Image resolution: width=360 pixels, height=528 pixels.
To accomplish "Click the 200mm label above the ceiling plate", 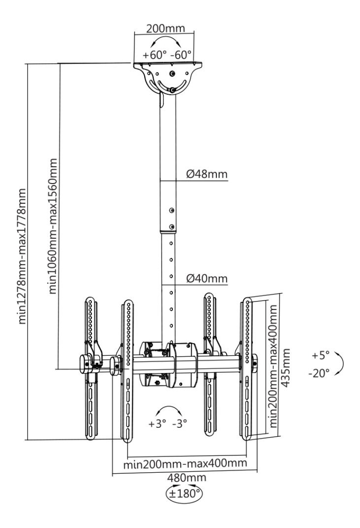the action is (x=165, y=28).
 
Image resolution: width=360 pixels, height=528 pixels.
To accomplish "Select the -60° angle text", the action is (x=181, y=55).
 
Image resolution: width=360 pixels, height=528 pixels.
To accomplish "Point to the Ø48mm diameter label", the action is (x=206, y=174).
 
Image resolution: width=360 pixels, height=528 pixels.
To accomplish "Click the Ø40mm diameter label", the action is (x=206, y=278).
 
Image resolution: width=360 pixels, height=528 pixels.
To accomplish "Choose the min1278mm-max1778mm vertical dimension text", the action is (x=22, y=256).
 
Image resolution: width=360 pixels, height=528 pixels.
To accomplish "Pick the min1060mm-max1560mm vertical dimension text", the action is (x=53, y=226).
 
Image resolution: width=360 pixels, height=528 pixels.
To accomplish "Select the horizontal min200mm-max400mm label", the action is (x=185, y=464).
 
